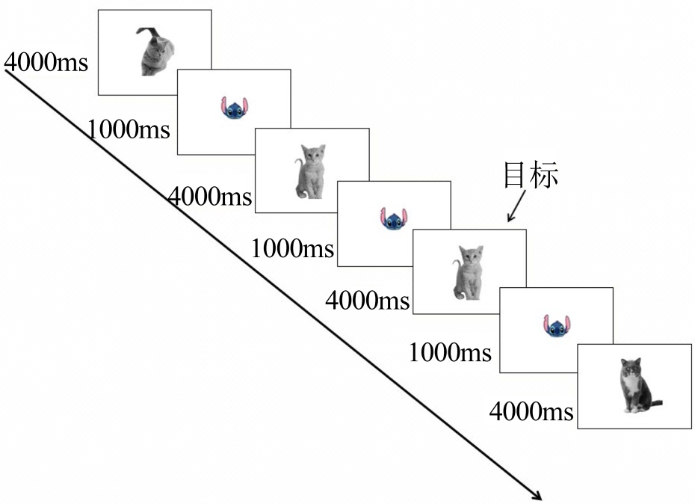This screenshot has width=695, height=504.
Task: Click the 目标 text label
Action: [531, 175]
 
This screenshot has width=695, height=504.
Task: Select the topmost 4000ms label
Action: [46, 62]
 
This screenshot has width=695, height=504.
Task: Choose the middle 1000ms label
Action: [293, 248]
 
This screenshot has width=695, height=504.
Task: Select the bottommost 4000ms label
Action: [531, 411]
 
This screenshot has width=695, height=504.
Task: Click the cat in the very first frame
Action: [156, 54]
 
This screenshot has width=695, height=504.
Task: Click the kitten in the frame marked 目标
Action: [469, 272]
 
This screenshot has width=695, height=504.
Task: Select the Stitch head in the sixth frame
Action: [555, 326]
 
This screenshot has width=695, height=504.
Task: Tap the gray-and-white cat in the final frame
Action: [634, 386]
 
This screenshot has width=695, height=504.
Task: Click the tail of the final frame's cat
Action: [655, 404]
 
